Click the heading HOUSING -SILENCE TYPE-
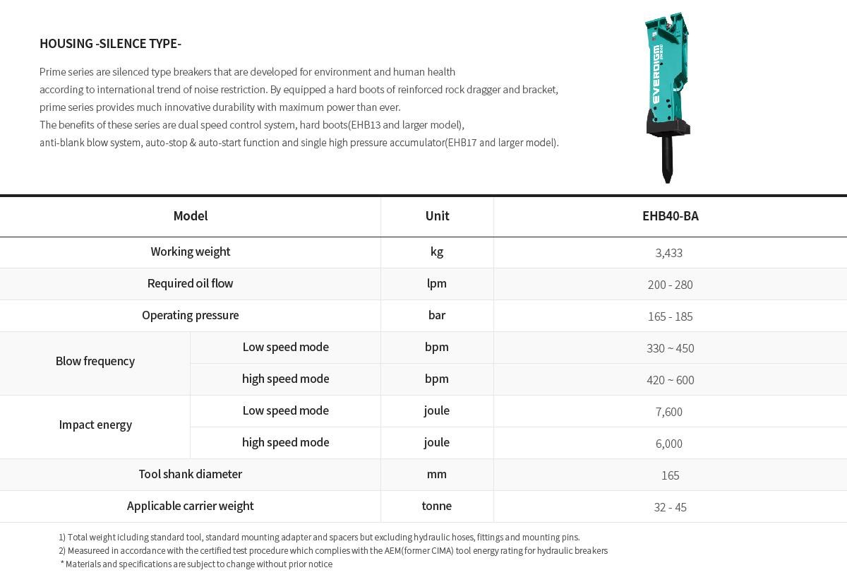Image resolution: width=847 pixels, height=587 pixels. click(x=110, y=44)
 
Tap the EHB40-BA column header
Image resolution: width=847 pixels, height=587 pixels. click(x=670, y=216)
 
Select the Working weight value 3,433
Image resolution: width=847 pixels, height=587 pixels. click(x=668, y=253)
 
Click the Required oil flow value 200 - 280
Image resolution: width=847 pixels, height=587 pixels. click(x=670, y=285)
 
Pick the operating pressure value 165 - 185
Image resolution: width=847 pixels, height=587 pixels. click(x=670, y=316)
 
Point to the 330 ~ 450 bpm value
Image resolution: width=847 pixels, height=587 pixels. click(x=670, y=348)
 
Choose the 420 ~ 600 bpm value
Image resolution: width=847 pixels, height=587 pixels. click(x=670, y=380)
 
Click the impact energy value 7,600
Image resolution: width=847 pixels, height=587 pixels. click(x=668, y=412)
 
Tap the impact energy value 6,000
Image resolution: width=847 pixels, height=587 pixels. click(x=668, y=444)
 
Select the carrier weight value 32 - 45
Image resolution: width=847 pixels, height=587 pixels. click(x=670, y=507)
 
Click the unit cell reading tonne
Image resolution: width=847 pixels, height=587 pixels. click(x=436, y=506)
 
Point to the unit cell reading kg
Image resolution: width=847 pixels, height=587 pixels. click(x=436, y=251)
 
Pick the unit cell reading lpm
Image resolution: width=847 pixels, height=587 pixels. click(x=436, y=283)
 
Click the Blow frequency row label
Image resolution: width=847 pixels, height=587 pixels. click(x=95, y=361)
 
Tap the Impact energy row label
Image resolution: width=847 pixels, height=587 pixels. click(x=95, y=425)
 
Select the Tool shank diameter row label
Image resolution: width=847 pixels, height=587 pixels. click(x=190, y=474)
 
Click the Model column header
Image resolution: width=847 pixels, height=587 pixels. click(x=190, y=216)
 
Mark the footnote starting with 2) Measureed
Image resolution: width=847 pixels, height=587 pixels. click(x=332, y=551)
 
